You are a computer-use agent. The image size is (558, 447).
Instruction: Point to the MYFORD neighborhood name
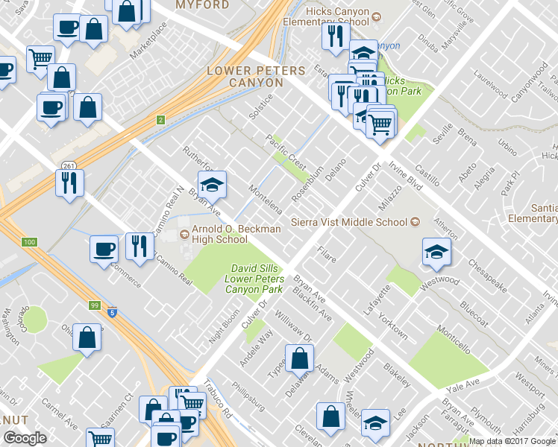click(x=202, y=5)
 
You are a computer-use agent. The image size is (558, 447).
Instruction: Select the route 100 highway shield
click(x=29, y=242)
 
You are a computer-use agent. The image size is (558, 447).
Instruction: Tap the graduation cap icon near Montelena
click(x=212, y=185)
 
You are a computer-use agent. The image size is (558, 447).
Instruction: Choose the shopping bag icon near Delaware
click(x=299, y=358)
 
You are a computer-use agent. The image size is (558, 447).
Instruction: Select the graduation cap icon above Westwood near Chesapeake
click(x=436, y=252)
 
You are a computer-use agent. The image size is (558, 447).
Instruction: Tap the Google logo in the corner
click(x=25, y=438)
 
